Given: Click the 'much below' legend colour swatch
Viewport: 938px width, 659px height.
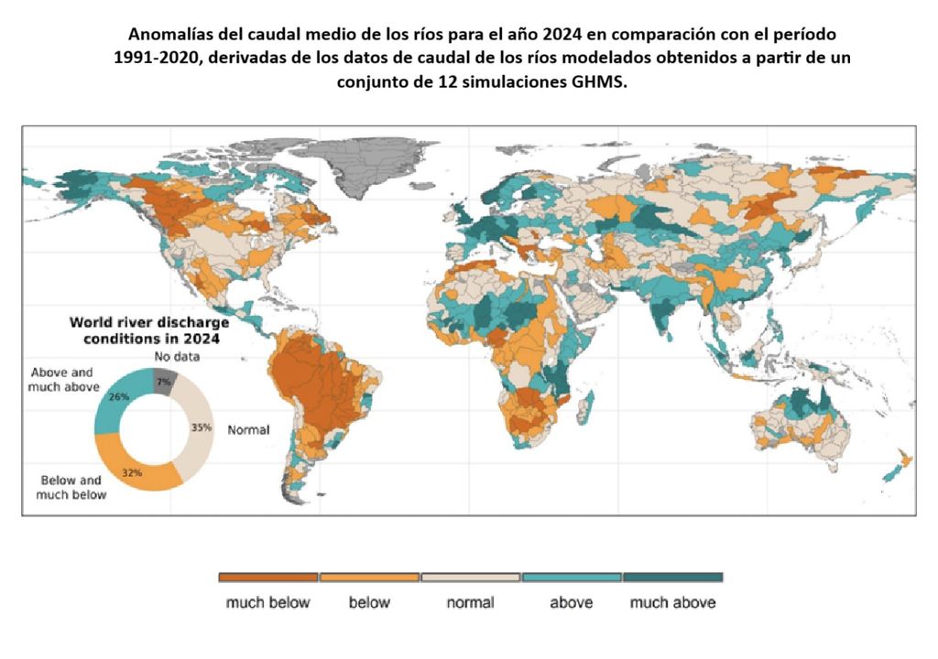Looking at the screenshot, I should [268, 578].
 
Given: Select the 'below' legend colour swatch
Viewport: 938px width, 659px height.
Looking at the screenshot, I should [369, 578].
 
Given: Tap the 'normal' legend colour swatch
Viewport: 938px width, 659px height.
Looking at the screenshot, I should [471, 578].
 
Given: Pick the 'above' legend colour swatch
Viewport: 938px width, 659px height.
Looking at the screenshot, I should [572, 578].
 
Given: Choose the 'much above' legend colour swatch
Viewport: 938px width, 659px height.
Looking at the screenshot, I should [673, 578].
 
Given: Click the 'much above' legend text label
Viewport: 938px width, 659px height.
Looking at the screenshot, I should [673, 602].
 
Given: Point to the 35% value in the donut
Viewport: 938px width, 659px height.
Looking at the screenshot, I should [202, 427].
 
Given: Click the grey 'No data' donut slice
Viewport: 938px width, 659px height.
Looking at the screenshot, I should [165, 379].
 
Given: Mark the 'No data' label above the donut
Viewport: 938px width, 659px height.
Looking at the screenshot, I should [177, 356].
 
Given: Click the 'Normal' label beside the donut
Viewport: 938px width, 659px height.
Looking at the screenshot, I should [248, 430].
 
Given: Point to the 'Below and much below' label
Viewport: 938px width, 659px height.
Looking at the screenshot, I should [71, 487].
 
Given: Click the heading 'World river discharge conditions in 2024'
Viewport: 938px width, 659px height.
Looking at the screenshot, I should [149, 329].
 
